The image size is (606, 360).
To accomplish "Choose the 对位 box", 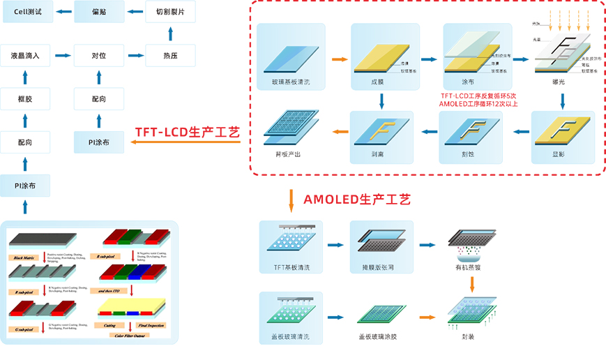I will (x=98, y=55).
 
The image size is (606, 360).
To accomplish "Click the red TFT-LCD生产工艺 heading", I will (x=187, y=132).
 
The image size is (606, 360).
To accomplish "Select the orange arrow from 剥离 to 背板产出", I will (x=339, y=131).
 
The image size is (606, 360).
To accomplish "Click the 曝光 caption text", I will (x=558, y=82).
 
